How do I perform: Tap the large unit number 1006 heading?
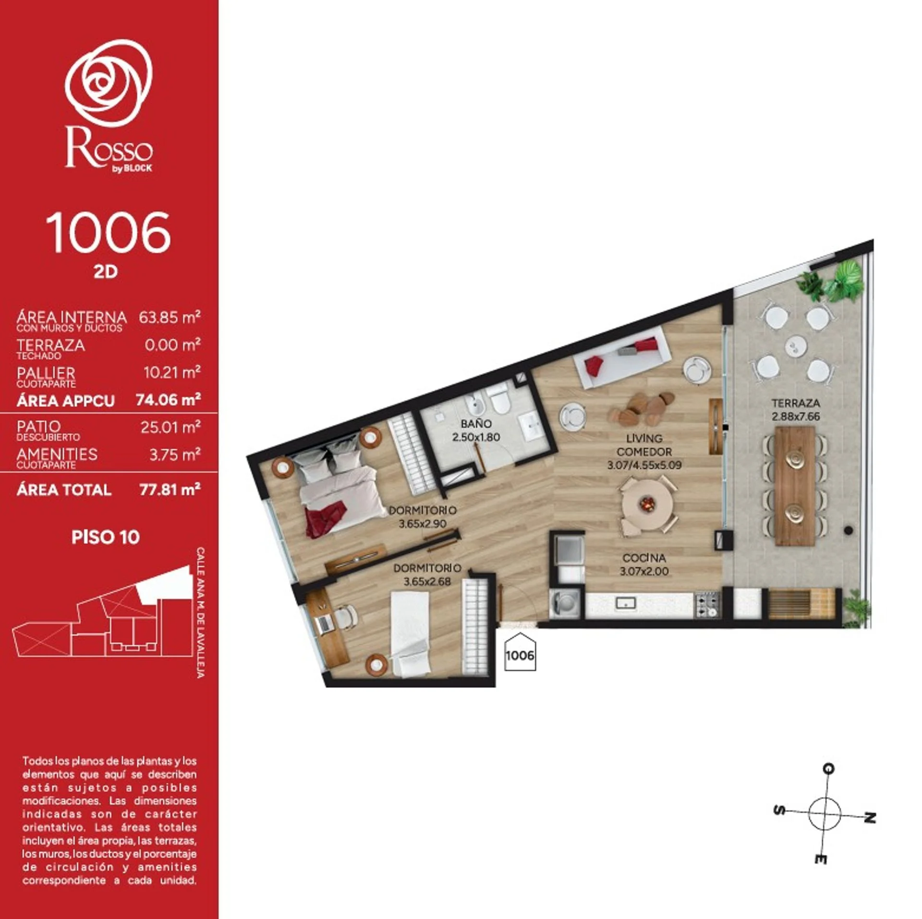tap(108, 233)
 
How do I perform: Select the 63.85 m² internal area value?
tap(170, 317)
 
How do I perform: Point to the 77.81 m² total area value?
tap(170, 490)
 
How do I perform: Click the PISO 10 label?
tap(106, 537)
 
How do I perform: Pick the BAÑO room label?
tap(476, 424)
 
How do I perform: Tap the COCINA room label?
tap(644, 558)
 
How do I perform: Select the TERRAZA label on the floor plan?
tap(796, 403)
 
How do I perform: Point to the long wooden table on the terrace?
tap(795, 486)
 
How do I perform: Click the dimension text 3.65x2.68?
tap(427, 581)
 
